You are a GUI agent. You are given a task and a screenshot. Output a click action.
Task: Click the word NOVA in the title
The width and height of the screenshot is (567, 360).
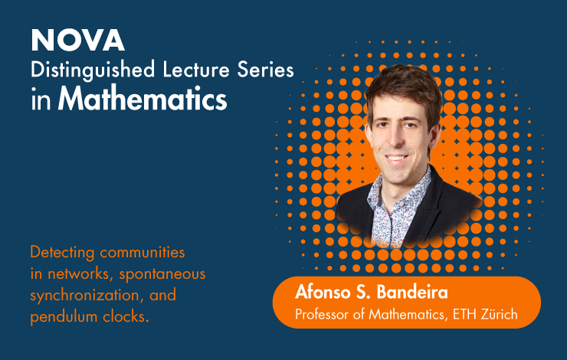(77, 40)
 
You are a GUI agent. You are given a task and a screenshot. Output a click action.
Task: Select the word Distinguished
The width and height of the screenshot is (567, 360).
(93, 70)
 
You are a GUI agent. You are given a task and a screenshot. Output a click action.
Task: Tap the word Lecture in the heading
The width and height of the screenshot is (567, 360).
(196, 69)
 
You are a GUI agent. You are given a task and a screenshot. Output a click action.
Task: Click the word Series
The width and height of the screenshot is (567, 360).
(265, 70)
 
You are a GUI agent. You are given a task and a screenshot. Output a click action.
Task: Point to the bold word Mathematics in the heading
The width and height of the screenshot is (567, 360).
(143, 98)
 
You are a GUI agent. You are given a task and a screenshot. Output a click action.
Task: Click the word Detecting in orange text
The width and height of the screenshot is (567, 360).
(62, 253)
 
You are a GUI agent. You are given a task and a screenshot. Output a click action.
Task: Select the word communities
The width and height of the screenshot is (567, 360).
(142, 252)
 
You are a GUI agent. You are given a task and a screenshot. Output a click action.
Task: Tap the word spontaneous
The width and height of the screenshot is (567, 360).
(162, 275)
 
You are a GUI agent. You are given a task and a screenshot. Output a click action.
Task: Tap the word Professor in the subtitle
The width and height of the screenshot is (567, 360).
(322, 315)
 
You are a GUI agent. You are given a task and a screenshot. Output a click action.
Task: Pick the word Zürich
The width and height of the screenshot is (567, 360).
(500, 315)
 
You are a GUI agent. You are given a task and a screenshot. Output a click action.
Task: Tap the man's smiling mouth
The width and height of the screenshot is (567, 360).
(396, 159)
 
